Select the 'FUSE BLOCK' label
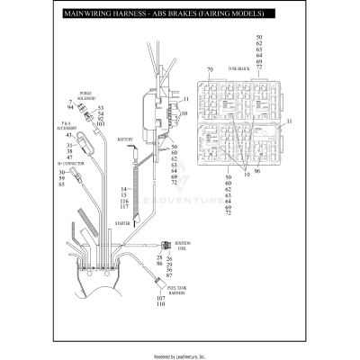tap(238, 68)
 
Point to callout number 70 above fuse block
tap(210, 69)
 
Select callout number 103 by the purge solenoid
tap(100, 123)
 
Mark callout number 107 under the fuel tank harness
tap(161, 297)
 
